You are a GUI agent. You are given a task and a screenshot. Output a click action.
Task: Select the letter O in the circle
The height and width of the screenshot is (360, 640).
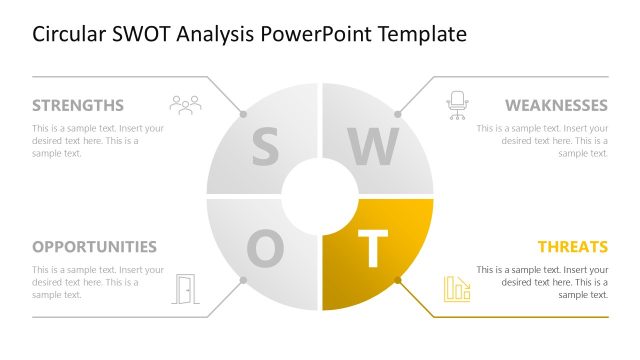[264, 249]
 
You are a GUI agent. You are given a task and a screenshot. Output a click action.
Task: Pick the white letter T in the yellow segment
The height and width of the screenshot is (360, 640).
[372, 250]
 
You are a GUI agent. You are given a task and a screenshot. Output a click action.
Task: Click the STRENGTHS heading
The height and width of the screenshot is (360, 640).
[78, 105]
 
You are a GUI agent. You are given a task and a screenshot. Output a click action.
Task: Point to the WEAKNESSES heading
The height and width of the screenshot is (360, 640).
[556, 105]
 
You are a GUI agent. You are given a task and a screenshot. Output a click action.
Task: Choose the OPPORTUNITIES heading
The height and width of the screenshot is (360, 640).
[94, 246]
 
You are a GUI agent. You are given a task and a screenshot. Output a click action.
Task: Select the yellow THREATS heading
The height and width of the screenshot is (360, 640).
[572, 246]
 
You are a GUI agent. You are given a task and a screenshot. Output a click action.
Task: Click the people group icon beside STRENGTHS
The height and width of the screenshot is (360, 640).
[185, 104]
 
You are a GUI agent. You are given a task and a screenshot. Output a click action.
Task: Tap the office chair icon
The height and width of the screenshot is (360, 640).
[457, 105]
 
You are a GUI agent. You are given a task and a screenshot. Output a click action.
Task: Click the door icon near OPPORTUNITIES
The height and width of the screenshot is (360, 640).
[186, 288]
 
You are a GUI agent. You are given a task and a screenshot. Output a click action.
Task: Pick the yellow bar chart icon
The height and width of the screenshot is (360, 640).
[457, 288]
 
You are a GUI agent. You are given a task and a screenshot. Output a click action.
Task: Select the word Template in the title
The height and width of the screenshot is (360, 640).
[423, 35]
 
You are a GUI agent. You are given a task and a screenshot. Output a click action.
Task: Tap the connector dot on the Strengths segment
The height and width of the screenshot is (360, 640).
[242, 113]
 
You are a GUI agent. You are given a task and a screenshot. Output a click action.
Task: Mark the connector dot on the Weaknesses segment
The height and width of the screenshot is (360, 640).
[397, 113]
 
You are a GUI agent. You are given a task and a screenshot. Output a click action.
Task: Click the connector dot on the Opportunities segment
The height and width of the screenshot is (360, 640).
[242, 281]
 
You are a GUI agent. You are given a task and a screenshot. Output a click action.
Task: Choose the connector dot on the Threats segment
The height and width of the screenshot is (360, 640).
[397, 281]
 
